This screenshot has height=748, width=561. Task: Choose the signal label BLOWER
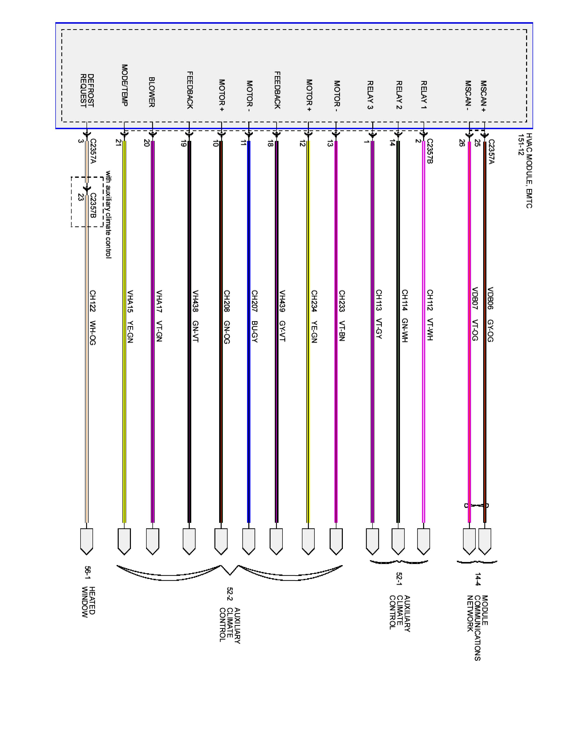pos(152,92)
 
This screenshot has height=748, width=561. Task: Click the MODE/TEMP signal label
pos(124,85)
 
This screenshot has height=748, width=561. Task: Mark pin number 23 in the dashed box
pos(81,197)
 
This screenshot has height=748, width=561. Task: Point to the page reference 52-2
pos(230,596)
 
